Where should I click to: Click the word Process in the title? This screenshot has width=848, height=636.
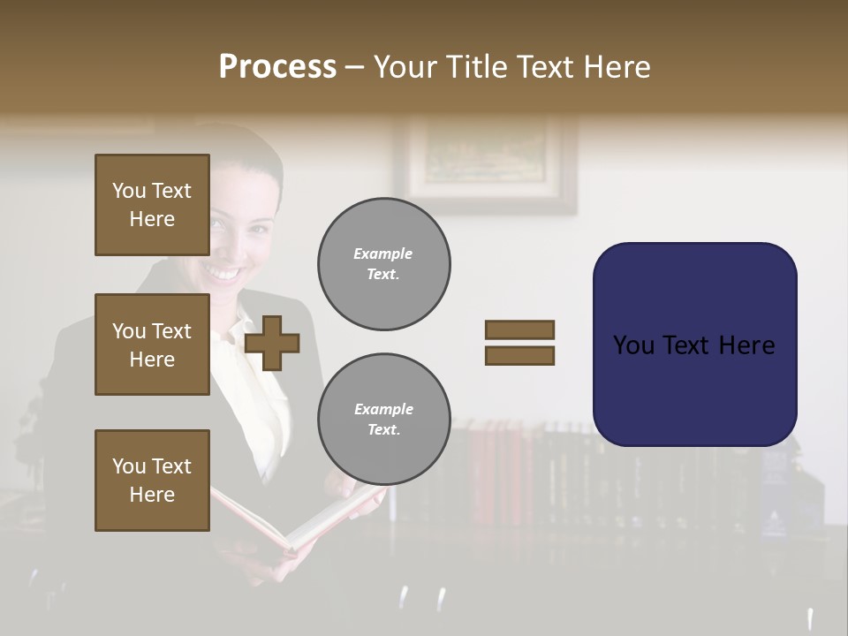(x=277, y=67)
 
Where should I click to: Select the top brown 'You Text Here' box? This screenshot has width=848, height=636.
(x=152, y=205)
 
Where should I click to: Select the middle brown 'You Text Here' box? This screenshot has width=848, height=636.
(x=152, y=344)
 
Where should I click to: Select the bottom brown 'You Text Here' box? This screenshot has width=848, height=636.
(x=152, y=481)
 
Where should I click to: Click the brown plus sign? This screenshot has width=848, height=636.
(x=272, y=343)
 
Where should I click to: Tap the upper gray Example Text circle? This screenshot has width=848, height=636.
(x=383, y=263)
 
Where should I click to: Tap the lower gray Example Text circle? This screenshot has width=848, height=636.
(x=383, y=419)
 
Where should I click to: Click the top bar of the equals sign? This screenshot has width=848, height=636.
(x=519, y=330)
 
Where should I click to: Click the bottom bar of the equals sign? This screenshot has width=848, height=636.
(x=519, y=355)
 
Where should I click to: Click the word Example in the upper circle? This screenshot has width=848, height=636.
(x=382, y=254)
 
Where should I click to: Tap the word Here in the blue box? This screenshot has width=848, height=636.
(x=746, y=345)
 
